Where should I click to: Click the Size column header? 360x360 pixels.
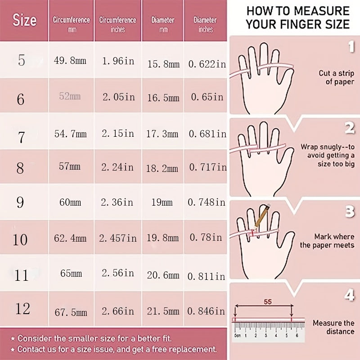24,20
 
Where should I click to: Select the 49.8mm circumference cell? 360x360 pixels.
70,61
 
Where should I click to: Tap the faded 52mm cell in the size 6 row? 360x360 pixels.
70,96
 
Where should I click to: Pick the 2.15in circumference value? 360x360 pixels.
118,133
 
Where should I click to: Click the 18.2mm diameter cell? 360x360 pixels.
162,168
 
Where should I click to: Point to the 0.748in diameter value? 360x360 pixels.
207,202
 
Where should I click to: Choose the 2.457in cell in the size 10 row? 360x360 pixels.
118,238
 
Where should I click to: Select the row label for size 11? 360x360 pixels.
21,275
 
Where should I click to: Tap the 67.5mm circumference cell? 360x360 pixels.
71,312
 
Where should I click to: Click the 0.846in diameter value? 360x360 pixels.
206,311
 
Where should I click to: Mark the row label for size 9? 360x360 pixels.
20,202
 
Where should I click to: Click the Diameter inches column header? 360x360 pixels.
205,24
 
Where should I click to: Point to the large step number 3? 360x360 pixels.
350,211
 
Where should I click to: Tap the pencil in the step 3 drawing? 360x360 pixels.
261,217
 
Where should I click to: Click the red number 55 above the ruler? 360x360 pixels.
268,301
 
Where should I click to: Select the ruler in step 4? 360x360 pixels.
268,332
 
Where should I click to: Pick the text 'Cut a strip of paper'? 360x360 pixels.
337,77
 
